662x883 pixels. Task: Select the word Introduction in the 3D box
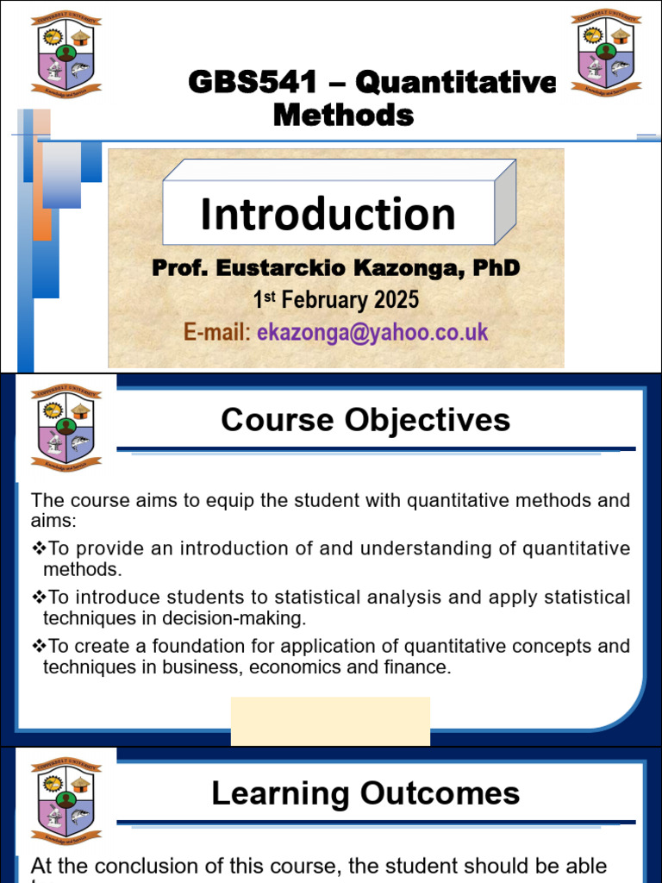tap(328, 214)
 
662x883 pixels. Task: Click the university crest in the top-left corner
tap(66, 53)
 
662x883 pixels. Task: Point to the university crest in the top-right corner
tap(607, 51)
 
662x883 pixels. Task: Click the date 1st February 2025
tap(335, 300)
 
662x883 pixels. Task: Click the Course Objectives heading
tap(365, 420)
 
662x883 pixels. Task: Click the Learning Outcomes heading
tap(365, 793)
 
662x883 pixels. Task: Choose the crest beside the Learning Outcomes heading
tap(66, 798)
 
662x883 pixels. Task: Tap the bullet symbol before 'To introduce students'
tap(38, 597)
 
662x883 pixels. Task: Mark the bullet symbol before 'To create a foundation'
tap(38, 646)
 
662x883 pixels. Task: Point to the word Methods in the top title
tap(343, 115)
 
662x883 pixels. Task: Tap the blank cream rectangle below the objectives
tap(330, 720)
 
